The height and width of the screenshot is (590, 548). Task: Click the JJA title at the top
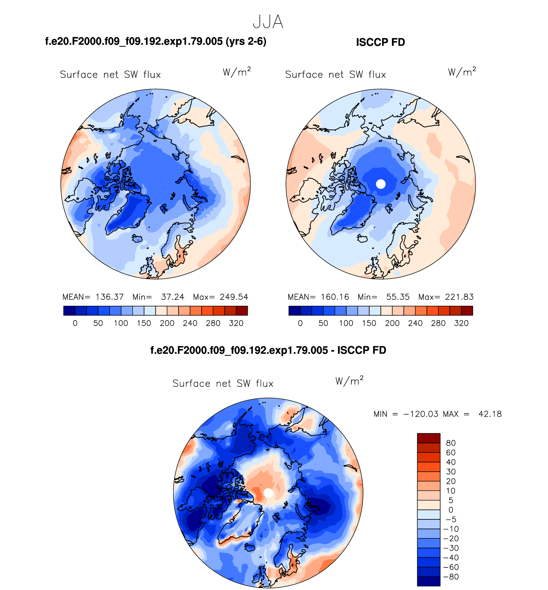point(268,22)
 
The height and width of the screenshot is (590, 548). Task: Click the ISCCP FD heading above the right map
point(380,42)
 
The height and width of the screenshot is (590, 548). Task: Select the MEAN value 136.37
point(110,297)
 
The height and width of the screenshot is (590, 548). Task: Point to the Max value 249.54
point(234,297)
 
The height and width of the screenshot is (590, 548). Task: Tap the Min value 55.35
point(398,297)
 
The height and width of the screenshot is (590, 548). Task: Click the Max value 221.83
point(459,297)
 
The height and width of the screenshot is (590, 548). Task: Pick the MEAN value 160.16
point(335,297)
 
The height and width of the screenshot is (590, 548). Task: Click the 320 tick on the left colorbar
point(236,323)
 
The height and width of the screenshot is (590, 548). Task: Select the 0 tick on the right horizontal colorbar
point(300,323)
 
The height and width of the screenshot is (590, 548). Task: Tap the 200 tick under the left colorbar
point(167,323)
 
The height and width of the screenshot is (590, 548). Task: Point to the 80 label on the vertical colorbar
point(451,443)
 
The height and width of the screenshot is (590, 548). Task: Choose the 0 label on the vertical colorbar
point(451,510)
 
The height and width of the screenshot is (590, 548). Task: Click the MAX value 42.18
point(490,414)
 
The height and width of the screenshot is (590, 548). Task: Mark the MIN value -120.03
point(421,414)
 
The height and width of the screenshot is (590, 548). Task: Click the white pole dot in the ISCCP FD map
point(381,184)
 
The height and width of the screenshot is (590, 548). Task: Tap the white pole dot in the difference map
point(268,493)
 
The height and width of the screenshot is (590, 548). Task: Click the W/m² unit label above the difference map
point(349,381)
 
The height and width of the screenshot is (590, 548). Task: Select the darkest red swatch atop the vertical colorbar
point(428,438)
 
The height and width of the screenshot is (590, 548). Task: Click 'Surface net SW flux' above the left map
point(110,75)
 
